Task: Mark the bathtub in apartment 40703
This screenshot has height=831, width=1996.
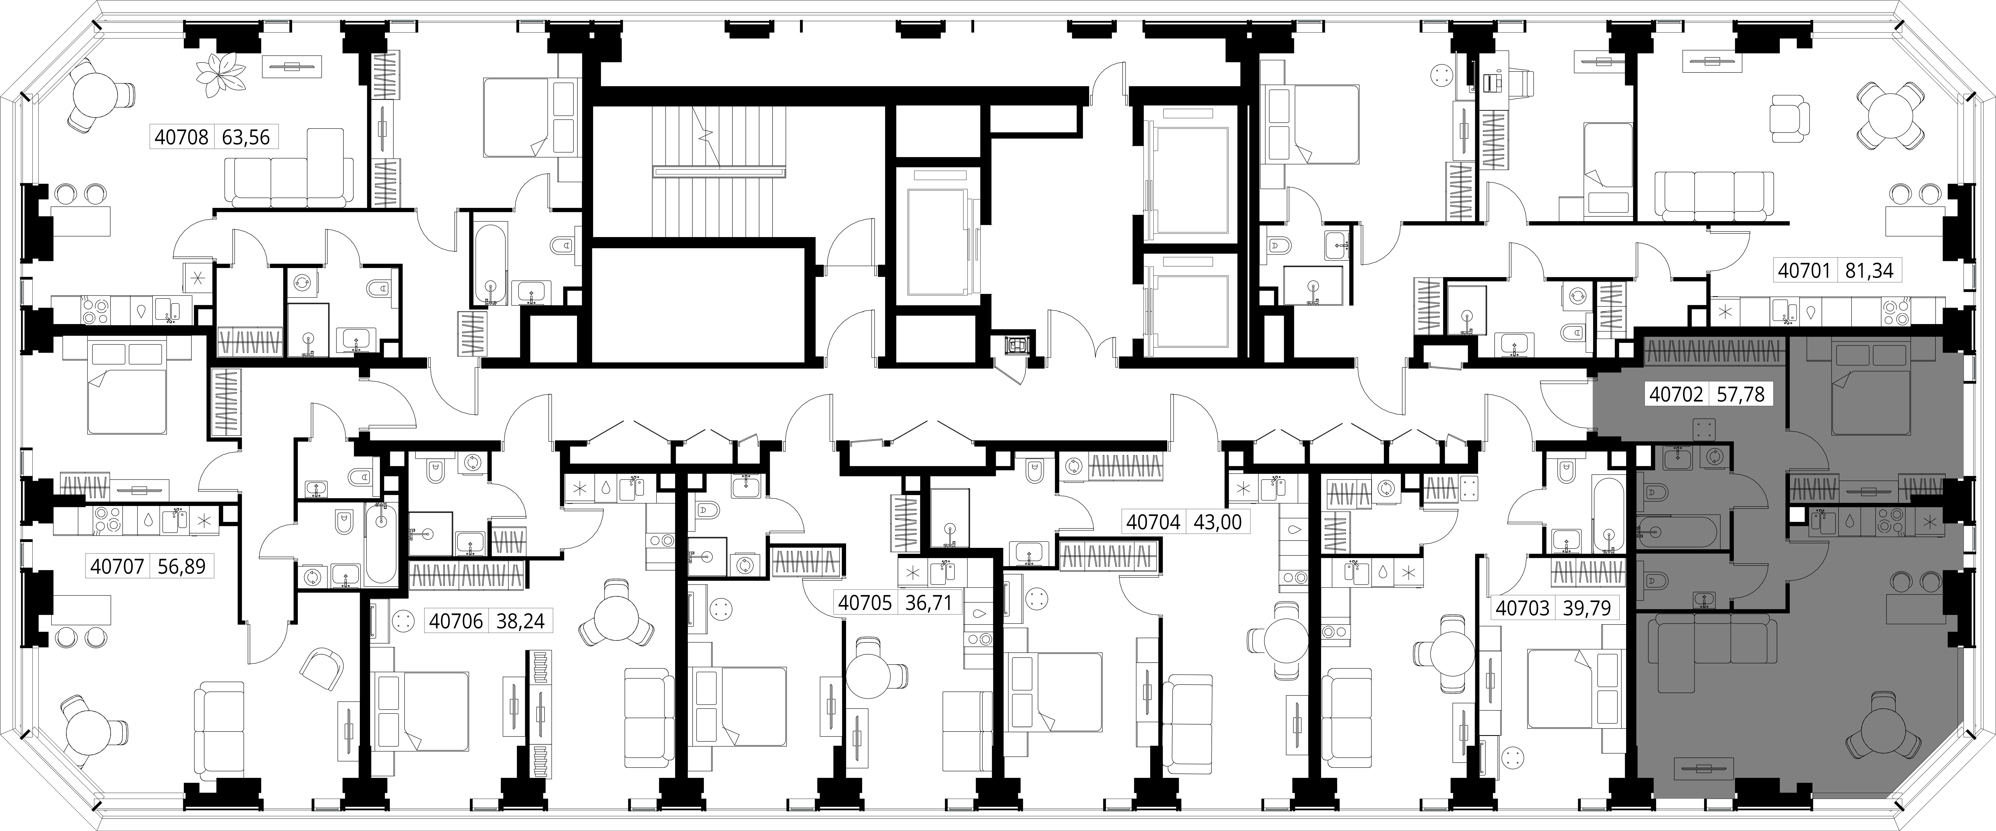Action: (1610, 515)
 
